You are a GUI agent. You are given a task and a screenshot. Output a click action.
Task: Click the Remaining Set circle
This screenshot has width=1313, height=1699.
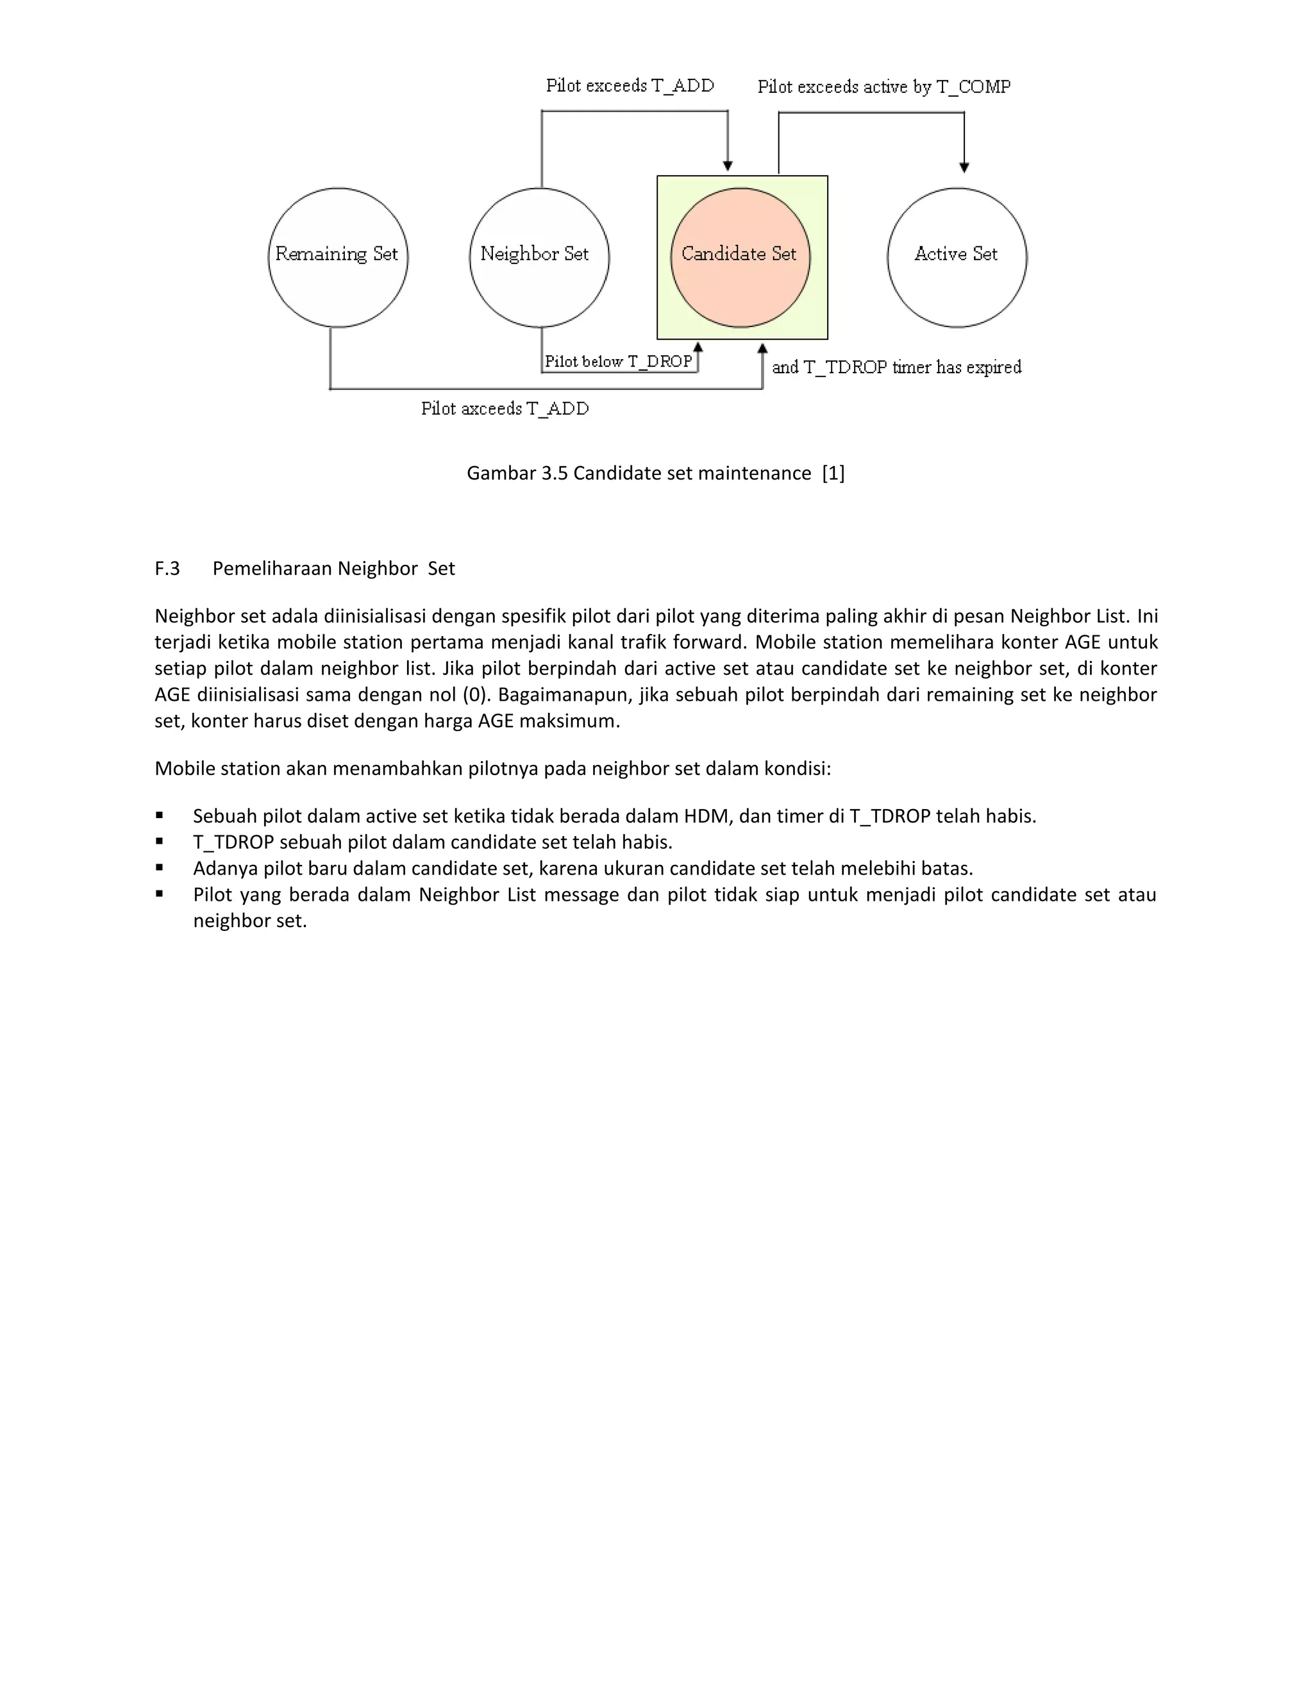point(338,258)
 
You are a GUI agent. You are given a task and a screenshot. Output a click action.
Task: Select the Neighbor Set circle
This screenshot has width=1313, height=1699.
point(539,258)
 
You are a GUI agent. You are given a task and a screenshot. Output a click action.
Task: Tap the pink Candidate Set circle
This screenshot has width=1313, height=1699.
point(740,258)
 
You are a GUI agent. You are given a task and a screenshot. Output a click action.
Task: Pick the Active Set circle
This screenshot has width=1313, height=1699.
point(957,258)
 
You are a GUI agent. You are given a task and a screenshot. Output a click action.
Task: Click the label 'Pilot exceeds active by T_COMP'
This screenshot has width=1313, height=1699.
point(883,87)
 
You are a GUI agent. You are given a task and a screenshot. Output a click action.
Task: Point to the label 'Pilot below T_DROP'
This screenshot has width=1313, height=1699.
point(619,362)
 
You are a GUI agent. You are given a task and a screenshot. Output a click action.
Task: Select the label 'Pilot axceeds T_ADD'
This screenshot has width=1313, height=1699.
point(505,409)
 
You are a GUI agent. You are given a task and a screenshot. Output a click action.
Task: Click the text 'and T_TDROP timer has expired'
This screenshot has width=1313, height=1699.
point(896,367)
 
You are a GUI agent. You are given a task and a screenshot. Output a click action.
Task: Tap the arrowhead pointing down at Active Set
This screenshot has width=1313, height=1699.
point(964,167)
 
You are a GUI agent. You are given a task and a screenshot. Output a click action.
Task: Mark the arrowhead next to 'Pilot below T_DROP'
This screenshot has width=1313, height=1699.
point(698,347)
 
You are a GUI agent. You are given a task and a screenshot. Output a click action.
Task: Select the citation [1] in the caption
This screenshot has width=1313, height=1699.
point(833,474)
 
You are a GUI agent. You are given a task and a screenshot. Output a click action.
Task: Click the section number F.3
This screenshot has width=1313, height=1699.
point(167,569)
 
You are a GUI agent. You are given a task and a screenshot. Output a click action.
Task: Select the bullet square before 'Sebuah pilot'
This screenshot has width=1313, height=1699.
point(160,816)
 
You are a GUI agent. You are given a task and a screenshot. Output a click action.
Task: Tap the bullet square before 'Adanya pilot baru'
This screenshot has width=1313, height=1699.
point(160,867)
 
